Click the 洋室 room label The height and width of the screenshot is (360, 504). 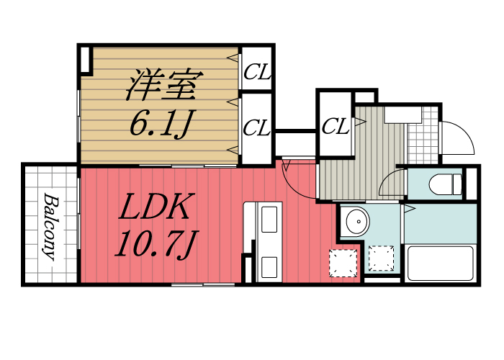coord(162,85)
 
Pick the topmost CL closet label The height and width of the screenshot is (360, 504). coord(256,71)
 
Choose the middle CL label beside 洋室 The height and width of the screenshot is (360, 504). coord(256,129)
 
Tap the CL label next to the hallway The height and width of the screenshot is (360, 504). coord(335,127)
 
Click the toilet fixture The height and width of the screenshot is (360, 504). coord(446,184)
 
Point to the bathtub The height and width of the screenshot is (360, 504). coord(440,264)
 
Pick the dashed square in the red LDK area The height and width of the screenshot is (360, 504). coord(343,263)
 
